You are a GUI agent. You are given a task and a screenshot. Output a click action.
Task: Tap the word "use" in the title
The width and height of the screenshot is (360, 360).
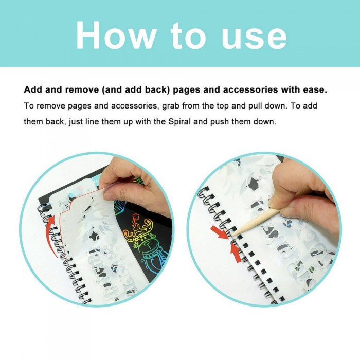click(x=254, y=39)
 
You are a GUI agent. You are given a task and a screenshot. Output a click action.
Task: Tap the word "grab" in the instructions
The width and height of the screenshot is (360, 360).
click(x=171, y=106)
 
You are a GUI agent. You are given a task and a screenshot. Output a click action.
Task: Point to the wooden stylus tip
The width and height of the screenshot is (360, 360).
click(x=233, y=235)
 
